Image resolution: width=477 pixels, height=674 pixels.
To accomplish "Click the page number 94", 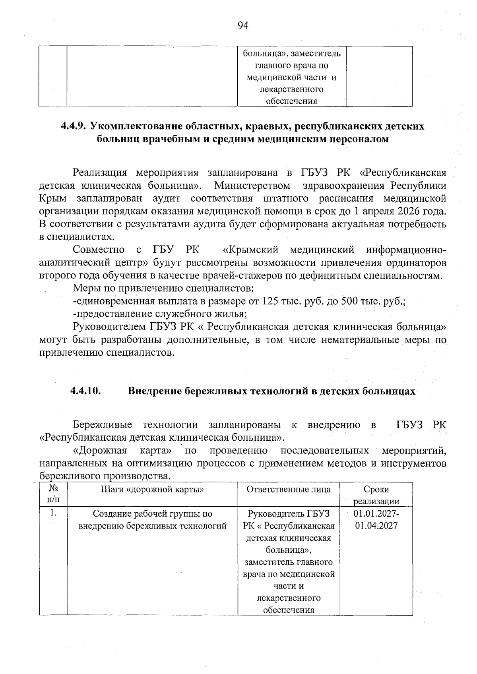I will [242, 26].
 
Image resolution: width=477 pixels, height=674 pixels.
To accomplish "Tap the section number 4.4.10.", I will [85, 391].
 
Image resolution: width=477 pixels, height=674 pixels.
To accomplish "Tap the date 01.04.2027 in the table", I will [376, 526].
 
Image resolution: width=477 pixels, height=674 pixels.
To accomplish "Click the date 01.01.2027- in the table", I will [376, 513].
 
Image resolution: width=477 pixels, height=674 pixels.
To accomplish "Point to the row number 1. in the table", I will [52, 513].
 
